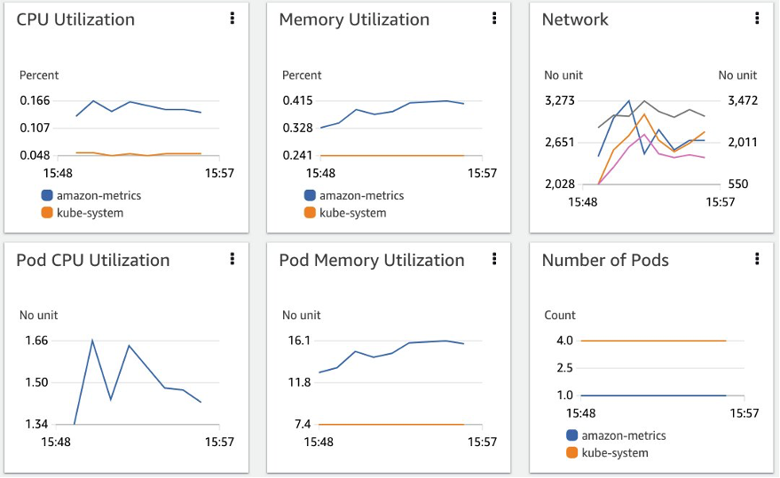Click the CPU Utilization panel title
(x=75, y=20)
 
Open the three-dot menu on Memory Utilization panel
(x=494, y=18)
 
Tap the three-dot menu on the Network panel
(x=757, y=18)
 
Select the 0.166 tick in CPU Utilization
(x=35, y=100)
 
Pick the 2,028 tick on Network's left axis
(x=560, y=184)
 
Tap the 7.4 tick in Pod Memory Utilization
(x=303, y=424)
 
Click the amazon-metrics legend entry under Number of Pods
(x=623, y=435)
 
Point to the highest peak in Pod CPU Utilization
(x=92, y=341)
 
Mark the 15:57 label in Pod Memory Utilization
(x=482, y=442)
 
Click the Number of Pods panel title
(x=605, y=260)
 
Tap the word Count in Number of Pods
(x=560, y=315)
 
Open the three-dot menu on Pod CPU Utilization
(x=232, y=258)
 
